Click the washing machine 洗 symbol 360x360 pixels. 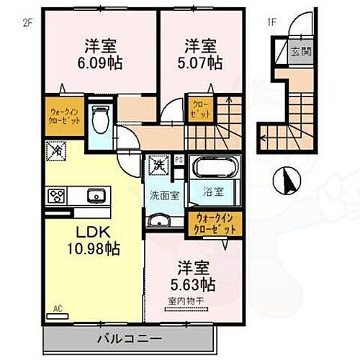pyautogui.click(x=159, y=165)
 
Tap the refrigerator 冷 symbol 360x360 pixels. pyautogui.click(x=55, y=150)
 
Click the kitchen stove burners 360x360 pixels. pyautogui.click(x=56, y=194)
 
